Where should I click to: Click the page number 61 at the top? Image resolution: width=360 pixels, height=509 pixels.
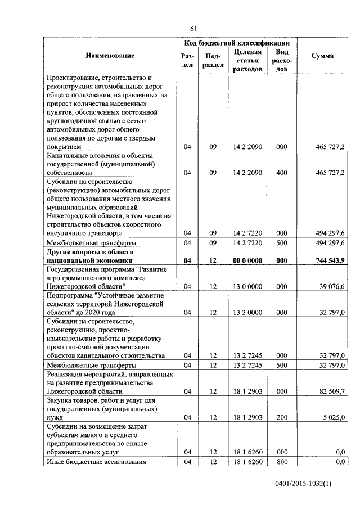tap(193, 29)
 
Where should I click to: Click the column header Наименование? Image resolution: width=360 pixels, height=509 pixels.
tap(110, 56)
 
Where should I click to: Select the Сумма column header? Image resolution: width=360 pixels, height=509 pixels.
tap(322, 56)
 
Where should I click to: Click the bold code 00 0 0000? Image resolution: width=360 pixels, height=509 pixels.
tap(247, 261)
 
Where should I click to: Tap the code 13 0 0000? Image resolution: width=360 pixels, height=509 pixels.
tap(247, 287)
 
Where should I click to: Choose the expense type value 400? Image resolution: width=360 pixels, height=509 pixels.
tap(282, 173)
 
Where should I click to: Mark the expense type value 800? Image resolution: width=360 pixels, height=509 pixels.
tap(282, 462)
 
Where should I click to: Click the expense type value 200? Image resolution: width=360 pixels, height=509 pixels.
tap(282, 417)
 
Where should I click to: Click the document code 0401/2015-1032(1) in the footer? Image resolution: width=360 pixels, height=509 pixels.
tap(304, 484)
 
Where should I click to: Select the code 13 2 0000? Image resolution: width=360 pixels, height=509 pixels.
tap(247, 313)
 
